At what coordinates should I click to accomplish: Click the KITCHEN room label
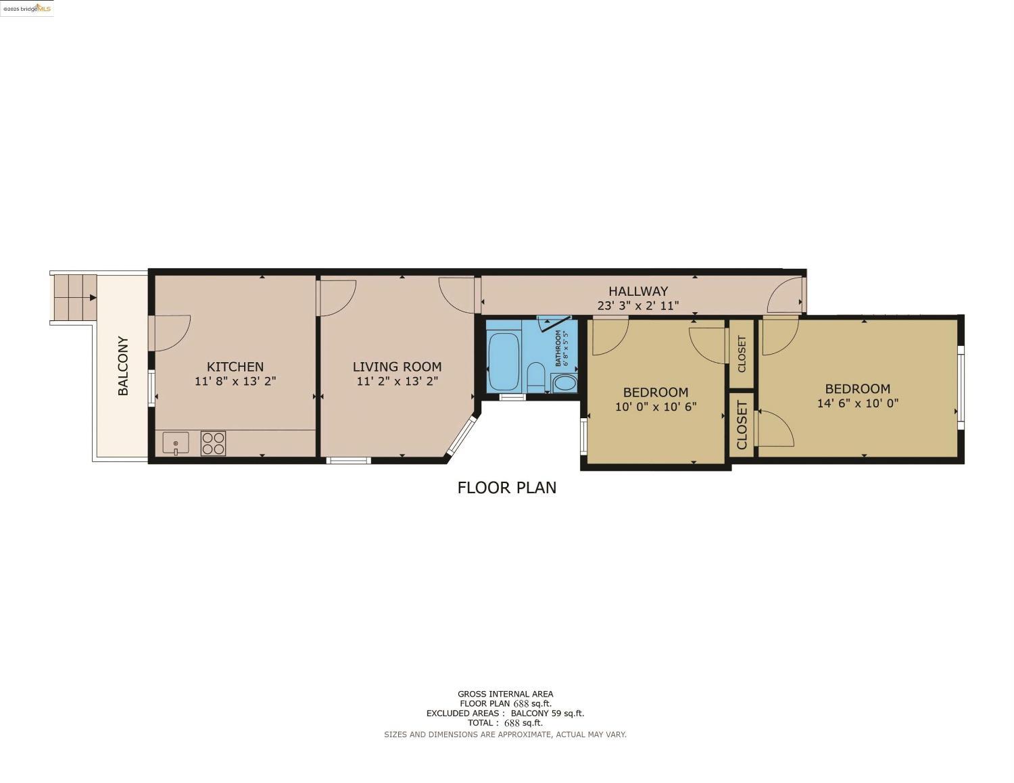235,367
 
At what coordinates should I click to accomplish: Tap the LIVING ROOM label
397,367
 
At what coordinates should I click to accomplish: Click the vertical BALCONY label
123,365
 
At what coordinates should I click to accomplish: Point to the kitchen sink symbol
176,444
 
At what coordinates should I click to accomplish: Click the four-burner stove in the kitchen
213,443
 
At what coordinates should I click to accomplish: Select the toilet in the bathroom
535,376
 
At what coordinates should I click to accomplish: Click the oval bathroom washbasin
564,384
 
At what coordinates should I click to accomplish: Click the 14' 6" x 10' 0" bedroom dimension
857,404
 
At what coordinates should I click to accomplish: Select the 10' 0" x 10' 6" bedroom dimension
655,407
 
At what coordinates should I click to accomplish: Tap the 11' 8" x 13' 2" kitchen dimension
235,382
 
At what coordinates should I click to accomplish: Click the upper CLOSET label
742,353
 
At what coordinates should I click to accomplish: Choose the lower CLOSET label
742,425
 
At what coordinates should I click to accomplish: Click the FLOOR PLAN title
506,488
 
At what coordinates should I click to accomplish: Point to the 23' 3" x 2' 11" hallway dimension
637,306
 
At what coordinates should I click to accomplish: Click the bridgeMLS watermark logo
27,8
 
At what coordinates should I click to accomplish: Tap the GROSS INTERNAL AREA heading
505,694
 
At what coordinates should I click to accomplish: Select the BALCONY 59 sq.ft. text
547,713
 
